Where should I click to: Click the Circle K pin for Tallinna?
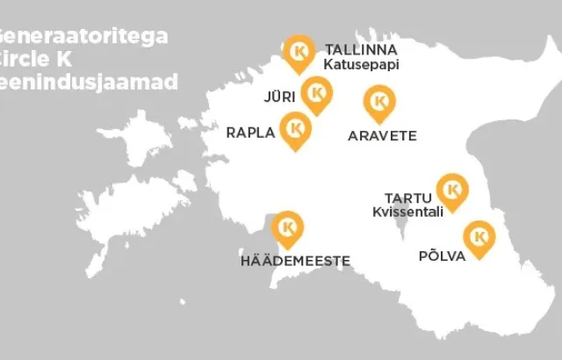coord(300,52)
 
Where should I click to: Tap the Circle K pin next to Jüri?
coord(316,92)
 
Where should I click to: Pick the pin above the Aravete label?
coord(379,101)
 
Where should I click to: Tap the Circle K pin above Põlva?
coord(479,236)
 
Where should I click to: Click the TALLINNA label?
coord(362,48)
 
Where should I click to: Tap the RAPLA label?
coord(251,133)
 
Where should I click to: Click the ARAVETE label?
coord(382,136)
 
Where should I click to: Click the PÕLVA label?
coord(442,256)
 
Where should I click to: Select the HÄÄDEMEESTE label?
coord(295,261)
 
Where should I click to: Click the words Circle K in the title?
coord(35,61)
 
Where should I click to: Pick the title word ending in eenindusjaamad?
coord(89,83)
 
